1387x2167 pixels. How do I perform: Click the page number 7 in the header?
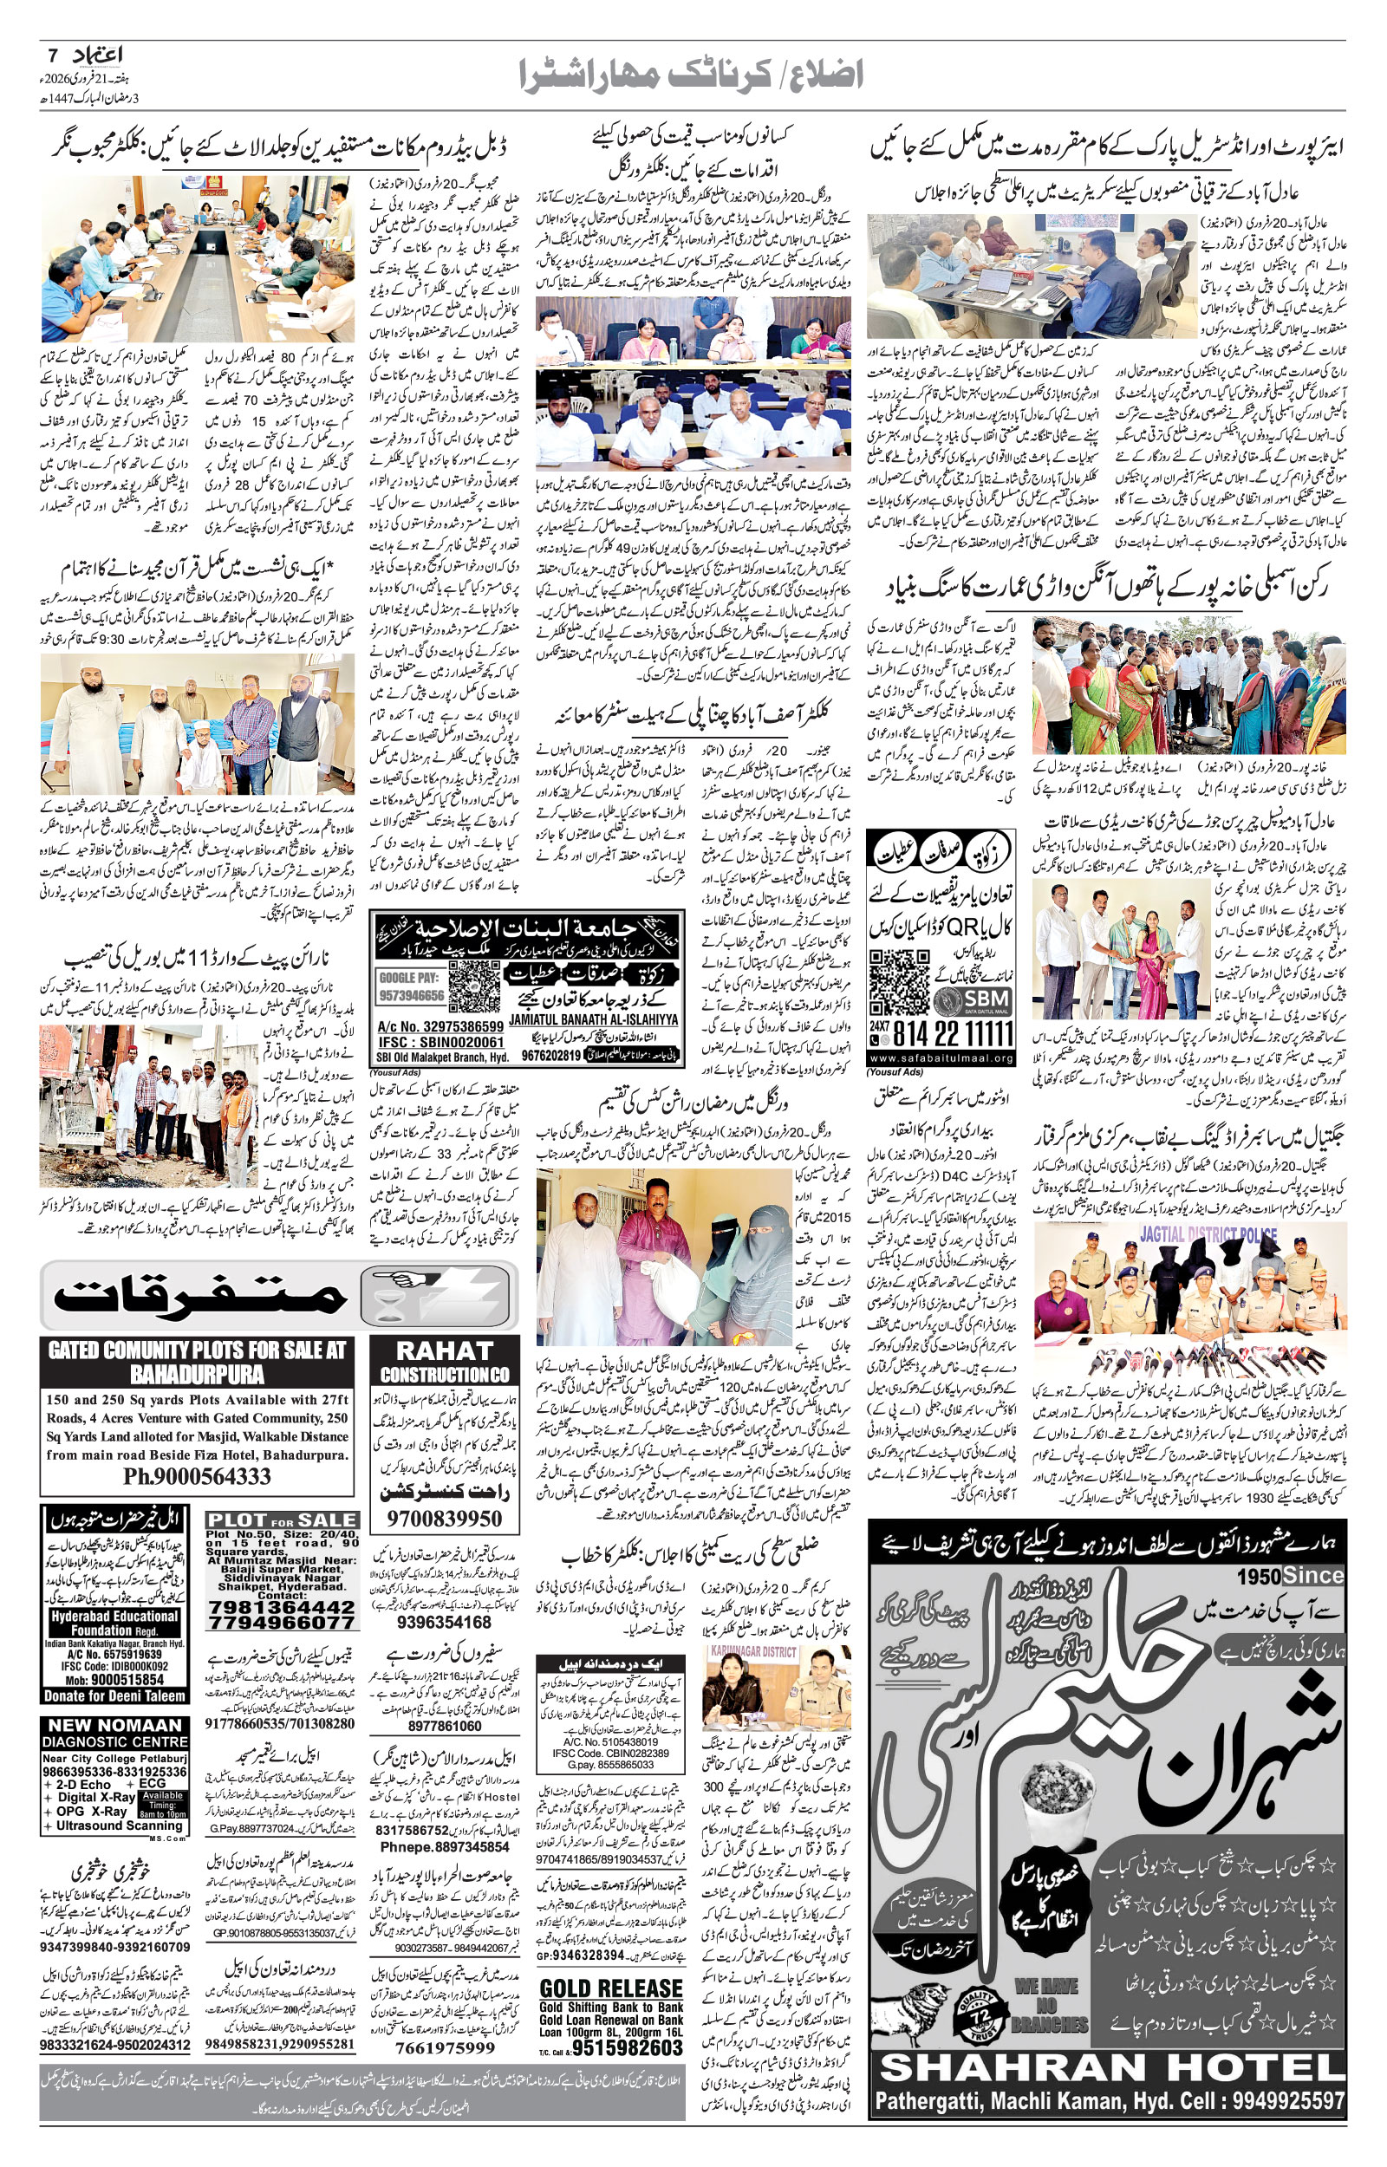[52, 53]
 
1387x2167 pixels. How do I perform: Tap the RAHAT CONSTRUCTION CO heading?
[444, 1361]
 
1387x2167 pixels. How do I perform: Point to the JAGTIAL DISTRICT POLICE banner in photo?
[1208, 1234]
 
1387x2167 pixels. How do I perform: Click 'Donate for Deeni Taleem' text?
[114, 1695]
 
